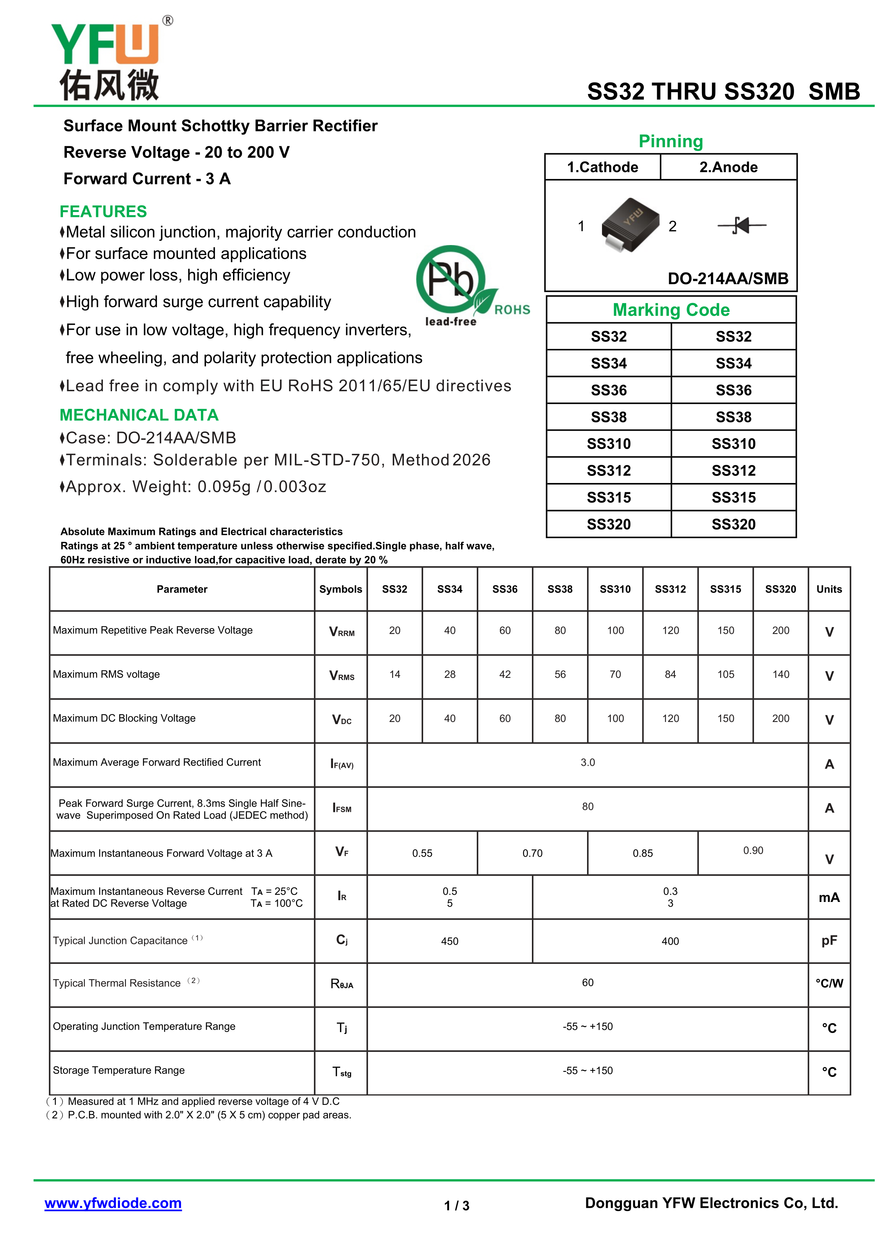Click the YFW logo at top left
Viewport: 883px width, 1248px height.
[109, 60]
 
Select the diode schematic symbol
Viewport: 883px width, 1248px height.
[742, 225]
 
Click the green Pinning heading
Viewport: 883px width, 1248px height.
[670, 141]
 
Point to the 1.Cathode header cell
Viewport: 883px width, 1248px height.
[602, 168]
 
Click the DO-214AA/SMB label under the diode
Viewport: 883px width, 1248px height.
[728, 279]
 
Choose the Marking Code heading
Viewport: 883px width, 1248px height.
[671, 310]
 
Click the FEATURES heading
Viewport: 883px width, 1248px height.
[103, 212]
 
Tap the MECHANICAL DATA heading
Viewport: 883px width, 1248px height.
[139, 415]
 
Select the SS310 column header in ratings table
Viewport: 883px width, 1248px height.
[615, 589]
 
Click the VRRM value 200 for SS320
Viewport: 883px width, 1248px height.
[780, 631]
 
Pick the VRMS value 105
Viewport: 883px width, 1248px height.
[725, 675]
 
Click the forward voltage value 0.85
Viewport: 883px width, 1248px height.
[642, 853]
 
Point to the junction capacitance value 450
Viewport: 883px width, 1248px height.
[450, 941]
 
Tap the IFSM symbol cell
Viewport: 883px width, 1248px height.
[342, 808]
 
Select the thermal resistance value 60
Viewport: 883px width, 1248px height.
[588, 983]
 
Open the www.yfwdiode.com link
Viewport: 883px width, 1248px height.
[113, 1203]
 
